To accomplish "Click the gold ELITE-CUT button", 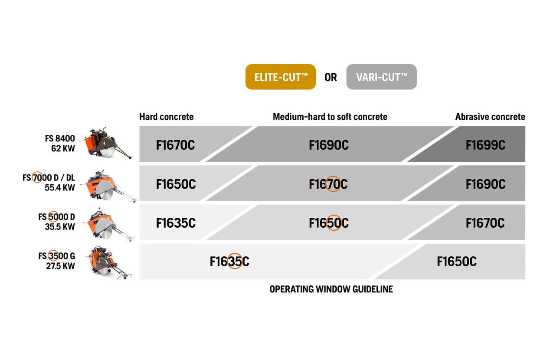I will pyautogui.click(x=280, y=77).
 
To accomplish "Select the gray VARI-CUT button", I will pyautogui.click(x=381, y=77).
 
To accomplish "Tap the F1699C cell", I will pyautogui.click(x=485, y=145).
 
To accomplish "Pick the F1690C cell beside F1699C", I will pyautogui.click(x=328, y=145).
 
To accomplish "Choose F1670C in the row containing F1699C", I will pyautogui.click(x=175, y=145).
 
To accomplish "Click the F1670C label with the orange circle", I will pyautogui.click(x=328, y=184).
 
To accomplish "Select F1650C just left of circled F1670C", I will pyautogui.click(x=176, y=184).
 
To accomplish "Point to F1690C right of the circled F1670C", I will pyautogui.click(x=485, y=184).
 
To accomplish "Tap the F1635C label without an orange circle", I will pyautogui.click(x=176, y=223).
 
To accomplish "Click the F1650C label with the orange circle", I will pyautogui.click(x=328, y=223).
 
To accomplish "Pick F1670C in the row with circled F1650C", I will pyautogui.click(x=485, y=223).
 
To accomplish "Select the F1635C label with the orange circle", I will pyautogui.click(x=229, y=262).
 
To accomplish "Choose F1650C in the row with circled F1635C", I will pyautogui.click(x=456, y=262).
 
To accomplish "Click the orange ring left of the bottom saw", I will pyautogui.click(x=52, y=255).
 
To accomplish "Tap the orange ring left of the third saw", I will pyautogui.click(x=52, y=216).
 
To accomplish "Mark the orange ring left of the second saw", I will pyautogui.click(x=37, y=177).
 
